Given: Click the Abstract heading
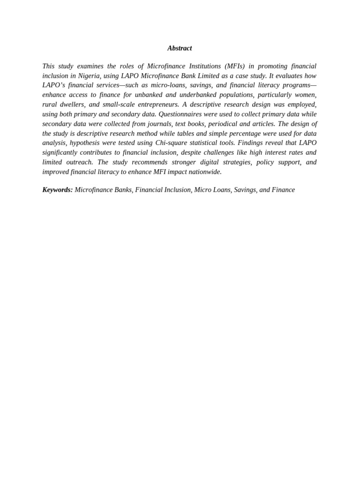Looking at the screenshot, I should tap(180, 48).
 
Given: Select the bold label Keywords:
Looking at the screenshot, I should tap(58, 190).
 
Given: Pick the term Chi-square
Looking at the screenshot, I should tap(171, 143).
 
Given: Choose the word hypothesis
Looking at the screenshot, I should tap(86, 143).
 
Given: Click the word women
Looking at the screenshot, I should tap(305, 95).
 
